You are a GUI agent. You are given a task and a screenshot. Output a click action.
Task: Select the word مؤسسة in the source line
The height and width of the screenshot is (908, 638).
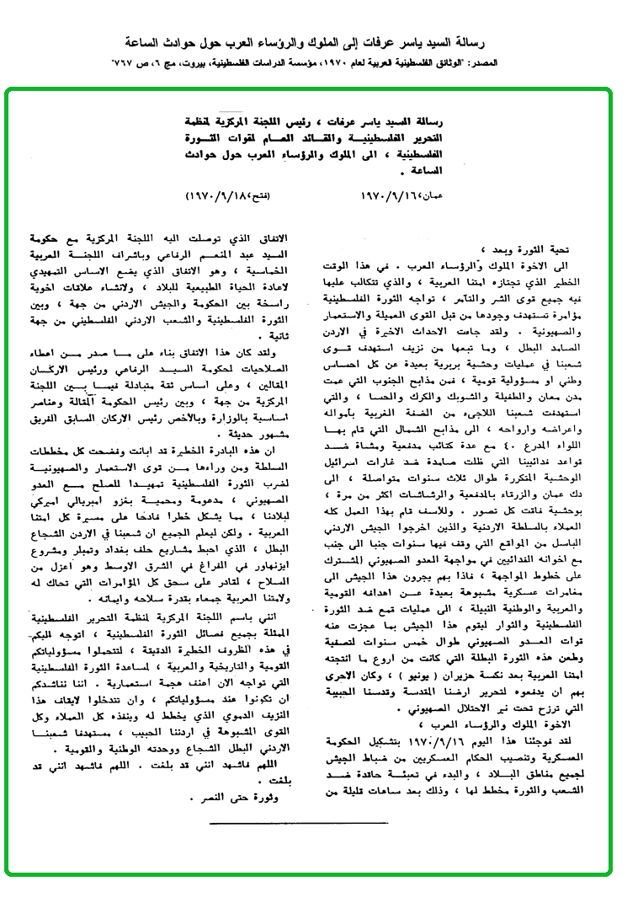click(x=354, y=64)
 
